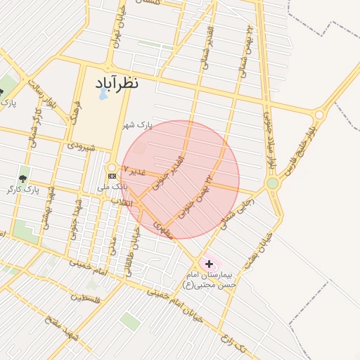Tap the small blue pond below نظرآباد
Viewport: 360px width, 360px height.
[103, 94]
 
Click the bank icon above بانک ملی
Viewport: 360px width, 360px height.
[111, 175]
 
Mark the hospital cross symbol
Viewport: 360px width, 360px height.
[209, 263]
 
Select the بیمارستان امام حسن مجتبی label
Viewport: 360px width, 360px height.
[210, 279]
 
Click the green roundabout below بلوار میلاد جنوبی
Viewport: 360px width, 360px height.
[272, 184]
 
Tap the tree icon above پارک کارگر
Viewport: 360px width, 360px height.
[23, 179]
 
